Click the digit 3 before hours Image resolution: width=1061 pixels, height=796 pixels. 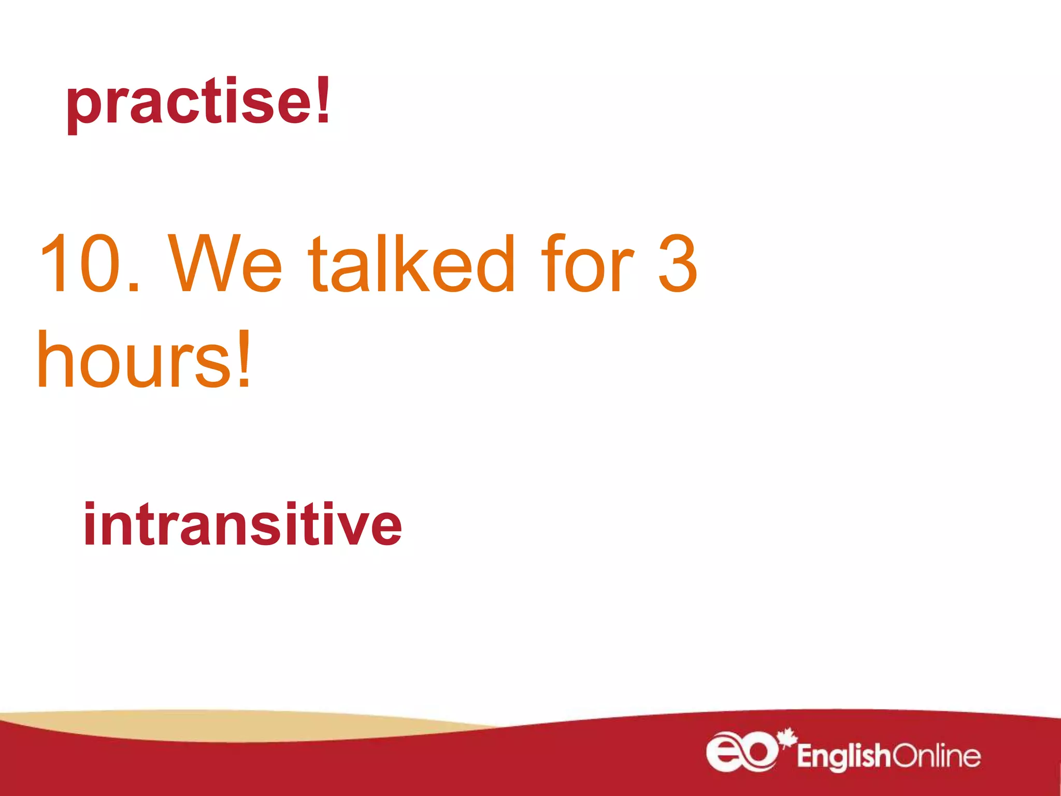click(678, 264)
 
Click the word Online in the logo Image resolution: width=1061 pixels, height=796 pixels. click(936, 756)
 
